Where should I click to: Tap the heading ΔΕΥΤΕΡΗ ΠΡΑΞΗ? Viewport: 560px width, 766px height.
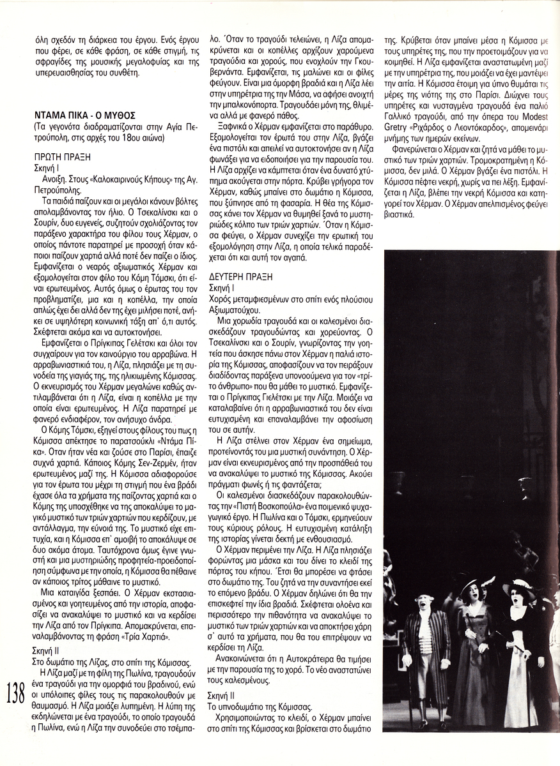241,276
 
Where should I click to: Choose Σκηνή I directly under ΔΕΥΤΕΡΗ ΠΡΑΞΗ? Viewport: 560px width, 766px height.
223,289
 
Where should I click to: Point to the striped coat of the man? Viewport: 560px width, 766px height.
426,645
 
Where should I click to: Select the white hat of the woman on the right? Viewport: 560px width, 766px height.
518,586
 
